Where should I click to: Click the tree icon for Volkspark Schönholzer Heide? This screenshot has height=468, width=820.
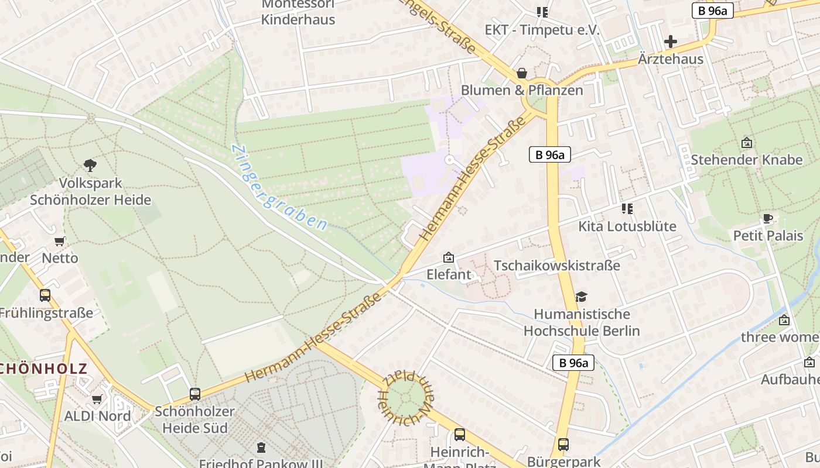click(90, 166)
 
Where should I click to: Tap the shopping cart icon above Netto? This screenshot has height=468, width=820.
click(59, 241)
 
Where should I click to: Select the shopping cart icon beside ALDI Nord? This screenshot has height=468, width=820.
click(97, 400)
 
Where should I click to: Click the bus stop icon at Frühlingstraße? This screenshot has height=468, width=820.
click(45, 295)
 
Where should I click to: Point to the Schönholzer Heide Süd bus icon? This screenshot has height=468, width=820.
click(195, 394)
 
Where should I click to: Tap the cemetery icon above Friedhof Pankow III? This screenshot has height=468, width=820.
click(261, 448)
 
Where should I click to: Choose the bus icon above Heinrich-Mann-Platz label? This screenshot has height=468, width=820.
click(460, 435)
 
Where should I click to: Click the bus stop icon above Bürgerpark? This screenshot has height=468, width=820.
click(563, 444)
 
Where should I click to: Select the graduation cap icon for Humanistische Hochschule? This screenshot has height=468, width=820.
click(581, 297)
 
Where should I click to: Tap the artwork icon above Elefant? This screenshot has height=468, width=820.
click(449, 257)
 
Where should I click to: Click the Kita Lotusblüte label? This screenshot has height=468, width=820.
click(627, 226)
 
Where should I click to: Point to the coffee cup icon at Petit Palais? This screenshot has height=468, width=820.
click(768, 219)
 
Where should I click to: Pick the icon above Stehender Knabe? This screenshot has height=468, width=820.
click(747, 143)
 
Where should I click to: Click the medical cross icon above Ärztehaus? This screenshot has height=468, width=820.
click(671, 42)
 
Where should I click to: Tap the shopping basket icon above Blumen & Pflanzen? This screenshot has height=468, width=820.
click(521, 73)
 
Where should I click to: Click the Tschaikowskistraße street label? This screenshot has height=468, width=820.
click(556, 266)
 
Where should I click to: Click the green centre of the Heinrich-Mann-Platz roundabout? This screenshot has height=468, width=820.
click(405, 398)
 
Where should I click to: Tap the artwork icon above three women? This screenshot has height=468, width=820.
click(784, 320)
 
